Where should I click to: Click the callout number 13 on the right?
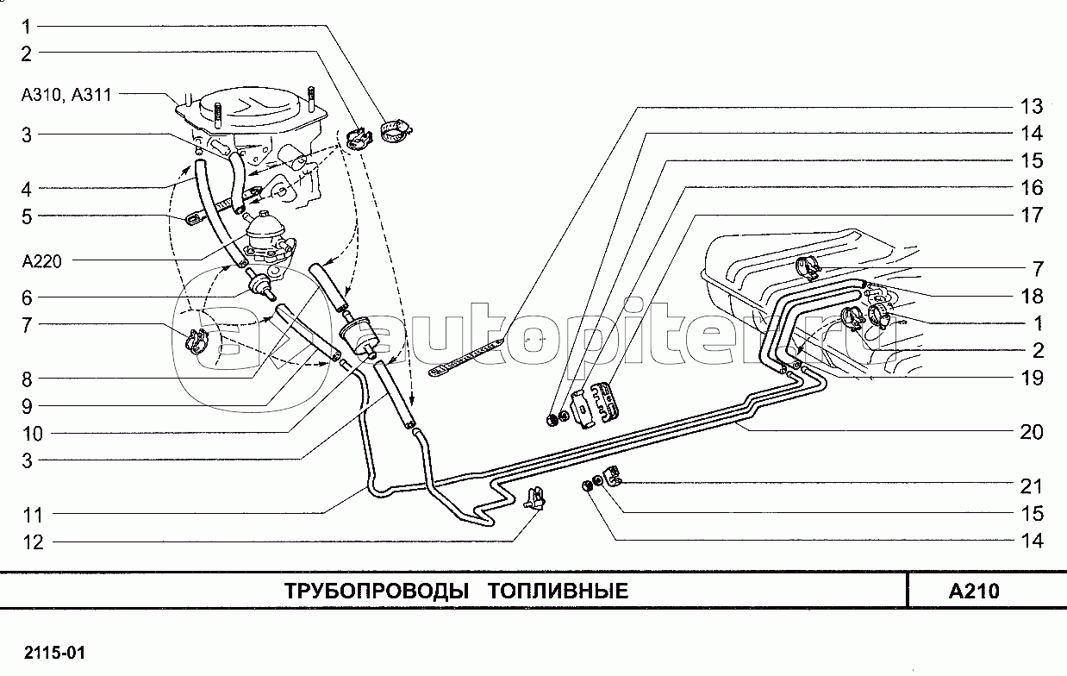(x=1032, y=107)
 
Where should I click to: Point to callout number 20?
(x=1032, y=432)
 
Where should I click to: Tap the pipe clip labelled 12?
(x=534, y=498)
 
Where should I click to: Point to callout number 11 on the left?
(x=32, y=515)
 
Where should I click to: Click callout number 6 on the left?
(x=27, y=297)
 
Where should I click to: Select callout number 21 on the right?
(x=1032, y=486)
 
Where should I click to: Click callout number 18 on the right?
(x=1032, y=296)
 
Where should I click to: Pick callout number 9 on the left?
(x=27, y=405)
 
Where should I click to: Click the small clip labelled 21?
(x=613, y=475)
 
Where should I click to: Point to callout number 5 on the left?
(x=27, y=216)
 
